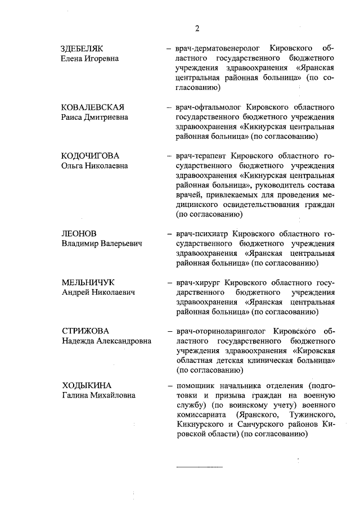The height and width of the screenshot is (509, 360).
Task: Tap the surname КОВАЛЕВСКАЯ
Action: click(x=93, y=107)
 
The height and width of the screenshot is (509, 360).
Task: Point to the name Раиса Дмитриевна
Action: click(x=94, y=118)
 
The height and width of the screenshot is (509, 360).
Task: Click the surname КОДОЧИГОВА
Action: click(x=90, y=156)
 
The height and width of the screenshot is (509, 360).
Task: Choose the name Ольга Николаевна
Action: click(x=94, y=166)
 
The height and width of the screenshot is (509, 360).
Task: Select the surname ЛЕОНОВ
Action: click(x=79, y=233)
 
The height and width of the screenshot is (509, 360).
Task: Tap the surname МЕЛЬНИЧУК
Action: click(x=88, y=282)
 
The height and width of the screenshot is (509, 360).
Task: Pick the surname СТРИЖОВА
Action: click(x=85, y=331)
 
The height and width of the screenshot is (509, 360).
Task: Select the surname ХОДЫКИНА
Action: click(x=87, y=386)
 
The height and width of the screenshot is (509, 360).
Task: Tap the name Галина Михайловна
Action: click(x=98, y=396)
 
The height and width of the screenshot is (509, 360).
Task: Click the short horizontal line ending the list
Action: click(x=200, y=467)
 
